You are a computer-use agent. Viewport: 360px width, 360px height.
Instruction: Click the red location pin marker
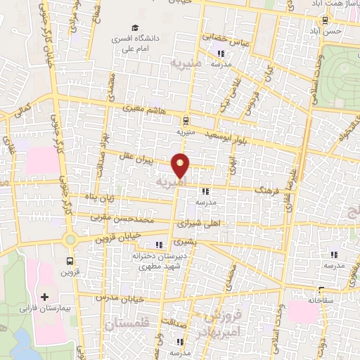click(181, 165)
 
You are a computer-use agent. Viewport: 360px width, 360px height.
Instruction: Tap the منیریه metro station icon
click(184, 120)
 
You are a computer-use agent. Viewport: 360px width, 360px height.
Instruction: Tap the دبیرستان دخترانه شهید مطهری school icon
click(158, 245)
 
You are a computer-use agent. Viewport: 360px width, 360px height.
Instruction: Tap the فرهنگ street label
click(267, 190)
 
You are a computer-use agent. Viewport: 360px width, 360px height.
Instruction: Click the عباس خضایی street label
click(222, 37)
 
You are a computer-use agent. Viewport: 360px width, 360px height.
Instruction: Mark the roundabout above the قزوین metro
click(70, 239)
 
